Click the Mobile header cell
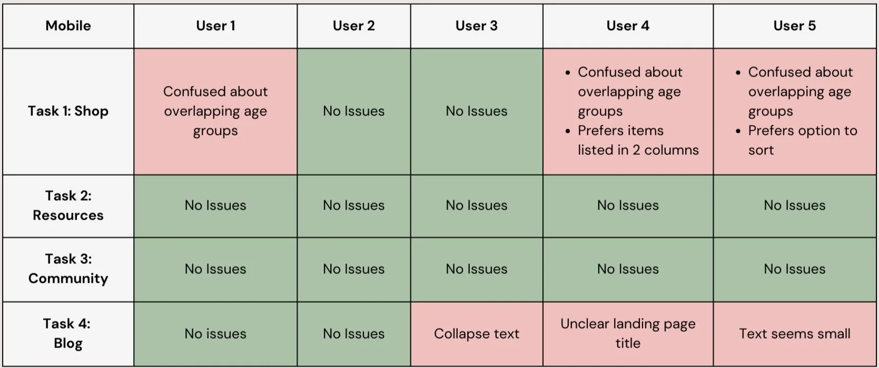[68, 26]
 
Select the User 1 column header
[215, 26]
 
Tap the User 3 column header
[476, 26]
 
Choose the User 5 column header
[794, 26]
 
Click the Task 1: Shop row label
[68, 111]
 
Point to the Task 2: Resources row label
[68, 205]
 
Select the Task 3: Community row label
[68, 268]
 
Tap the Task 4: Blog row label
[68, 333]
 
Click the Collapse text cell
[476, 334]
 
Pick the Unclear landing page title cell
[628, 333]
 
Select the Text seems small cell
[794, 334]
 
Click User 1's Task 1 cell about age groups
[215, 111]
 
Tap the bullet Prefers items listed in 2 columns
[638, 140]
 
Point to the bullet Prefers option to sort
[802, 140]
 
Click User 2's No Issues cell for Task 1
[353, 111]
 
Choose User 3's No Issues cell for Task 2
[476, 205]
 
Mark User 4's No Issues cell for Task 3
[628, 269]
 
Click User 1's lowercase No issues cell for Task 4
[215, 334]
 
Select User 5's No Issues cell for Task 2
[794, 205]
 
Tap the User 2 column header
[353, 26]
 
